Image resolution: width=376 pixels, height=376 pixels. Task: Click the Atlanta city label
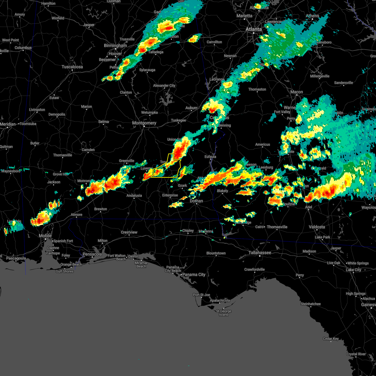tap(253, 29)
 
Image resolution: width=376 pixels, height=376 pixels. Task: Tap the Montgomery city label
tap(144, 123)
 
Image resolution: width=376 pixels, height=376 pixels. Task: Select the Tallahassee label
tap(260, 253)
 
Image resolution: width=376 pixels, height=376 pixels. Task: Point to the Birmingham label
tap(115, 45)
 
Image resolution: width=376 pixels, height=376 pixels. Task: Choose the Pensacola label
tap(92, 254)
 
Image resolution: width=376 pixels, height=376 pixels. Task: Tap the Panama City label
tap(194, 274)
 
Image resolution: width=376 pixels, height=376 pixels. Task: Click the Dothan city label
tap(196, 201)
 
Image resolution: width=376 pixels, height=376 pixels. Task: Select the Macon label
tap(296, 92)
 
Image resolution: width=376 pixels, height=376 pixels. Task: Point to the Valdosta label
tap(317, 227)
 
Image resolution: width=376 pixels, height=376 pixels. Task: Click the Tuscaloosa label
tap(72, 67)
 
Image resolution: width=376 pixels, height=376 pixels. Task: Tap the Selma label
tap(104, 122)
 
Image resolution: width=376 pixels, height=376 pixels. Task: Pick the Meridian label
tap(8, 124)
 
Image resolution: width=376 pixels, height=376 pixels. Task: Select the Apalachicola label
tap(220, 300)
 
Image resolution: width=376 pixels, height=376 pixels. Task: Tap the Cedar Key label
tap(331, 339)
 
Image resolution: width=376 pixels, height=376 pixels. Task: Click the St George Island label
tap(224, 313)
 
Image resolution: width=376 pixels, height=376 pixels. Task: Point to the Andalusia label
tap(134, 196)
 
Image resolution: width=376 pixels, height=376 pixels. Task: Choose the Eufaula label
tap(210, 157)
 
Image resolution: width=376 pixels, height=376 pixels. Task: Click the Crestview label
tap(129, 232)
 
